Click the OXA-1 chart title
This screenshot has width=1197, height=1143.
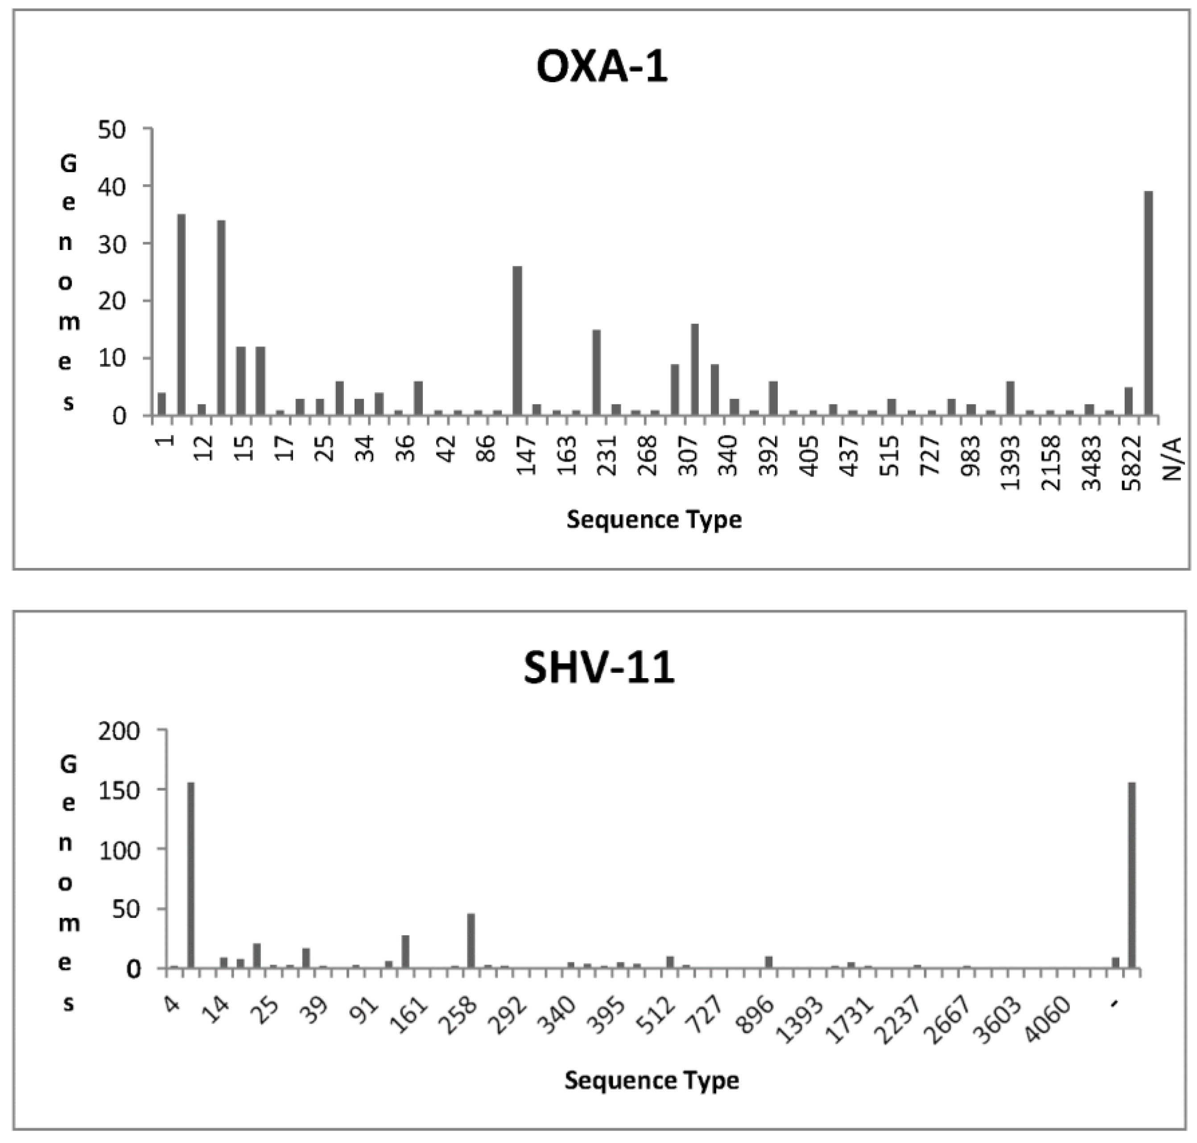pyautogui.click(x=602, y=66)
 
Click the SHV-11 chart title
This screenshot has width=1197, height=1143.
pyautogui.click(x=599, y=667)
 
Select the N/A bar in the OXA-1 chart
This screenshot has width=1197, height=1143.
pyautogui.click(x=1148, y=303)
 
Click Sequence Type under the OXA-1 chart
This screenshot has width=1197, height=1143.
pyautogui.click(x=654, y=520)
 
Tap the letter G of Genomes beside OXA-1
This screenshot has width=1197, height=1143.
pyautogui.click(x=68, y=163)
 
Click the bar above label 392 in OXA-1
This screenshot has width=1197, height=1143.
pyautogui.click(x=773, y=398)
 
